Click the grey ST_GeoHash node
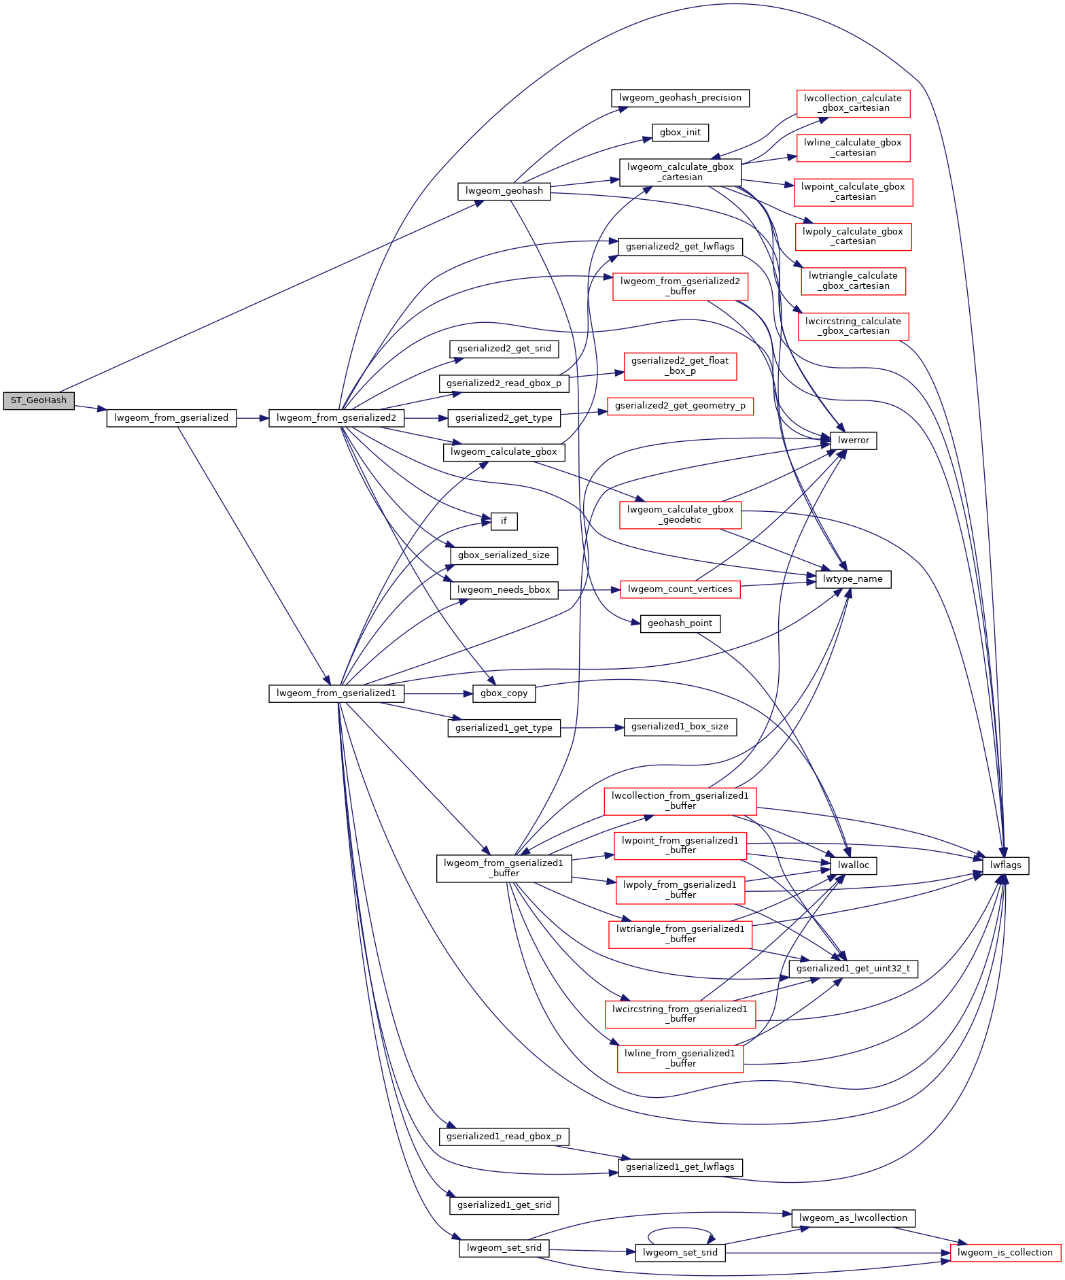(x=39, y=400)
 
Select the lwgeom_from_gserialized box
(x=171, y=418)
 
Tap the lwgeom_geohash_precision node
(x=680, y=98)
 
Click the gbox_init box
(x=680, y=133)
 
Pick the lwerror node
(x=853, y=440)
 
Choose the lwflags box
(x=1006, y=865)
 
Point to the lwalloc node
(x=853, y=865)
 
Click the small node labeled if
(x=504, y=521)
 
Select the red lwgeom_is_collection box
(x=1005, y=1253)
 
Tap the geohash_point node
(x=680, y=623)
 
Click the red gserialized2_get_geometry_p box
(x=680, y=406)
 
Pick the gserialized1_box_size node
(x=680, y=727)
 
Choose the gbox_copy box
(x=504, y=693)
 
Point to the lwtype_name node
(x=853, y=579)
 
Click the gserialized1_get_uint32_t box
(x=853, y=969)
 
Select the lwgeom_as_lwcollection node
(x=853, y=1218)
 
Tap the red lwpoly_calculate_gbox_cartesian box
(x=853, y=237)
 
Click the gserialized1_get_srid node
(x=504, y=1205)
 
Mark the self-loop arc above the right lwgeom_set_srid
(x=680, y=1228)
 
